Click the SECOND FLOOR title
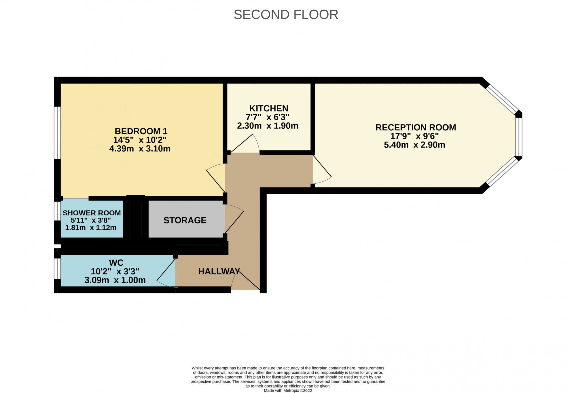(x=286, y=15)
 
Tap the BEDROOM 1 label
(x=141, y=131)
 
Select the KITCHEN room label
(x=269, y=109)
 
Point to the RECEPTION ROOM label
(x=416, y=128)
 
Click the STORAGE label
(x=185, y=220)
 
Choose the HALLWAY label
(x=219, y=271)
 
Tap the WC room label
(x=116, y=263)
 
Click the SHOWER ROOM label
(x=92, y=213)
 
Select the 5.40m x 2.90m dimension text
(x=414, y=145)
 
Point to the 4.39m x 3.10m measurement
(x=140, y=149)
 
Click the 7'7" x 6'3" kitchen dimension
(x=268, y=117)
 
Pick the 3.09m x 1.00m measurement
(x=115, y=280)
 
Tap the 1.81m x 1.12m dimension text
(x=91, y=228)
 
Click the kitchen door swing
(x=246, y=144)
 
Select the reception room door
(x=322, y=170)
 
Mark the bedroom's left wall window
(x=58, y=132)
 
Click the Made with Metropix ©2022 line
(x=288, y=391)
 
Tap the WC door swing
(x=166, y=274)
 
